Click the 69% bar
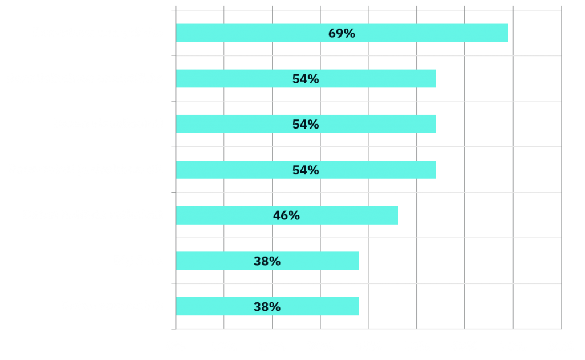[x=342, y=33]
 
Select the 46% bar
[x=287, y=215]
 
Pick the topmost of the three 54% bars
[x=306, y=78]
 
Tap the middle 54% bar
[x=306, y=124]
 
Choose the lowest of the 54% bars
[x=306, y=170]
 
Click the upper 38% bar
[x=267, y=261]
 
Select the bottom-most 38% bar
[x=267, y=306]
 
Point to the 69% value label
[x=342, y=33]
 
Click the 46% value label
[x=287, y=215]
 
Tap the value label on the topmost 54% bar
[x=306, y=79]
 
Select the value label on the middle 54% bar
[x=306, y=125]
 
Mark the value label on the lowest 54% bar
[x=306, y=170]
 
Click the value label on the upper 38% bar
[x=267, y=261]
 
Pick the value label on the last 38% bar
[x=267, y=307]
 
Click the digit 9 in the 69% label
[x=340, y=33]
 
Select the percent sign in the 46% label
[x=295, y=215]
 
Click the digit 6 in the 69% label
[x=332, y=33]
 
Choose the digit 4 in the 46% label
[x=277, y=215]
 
